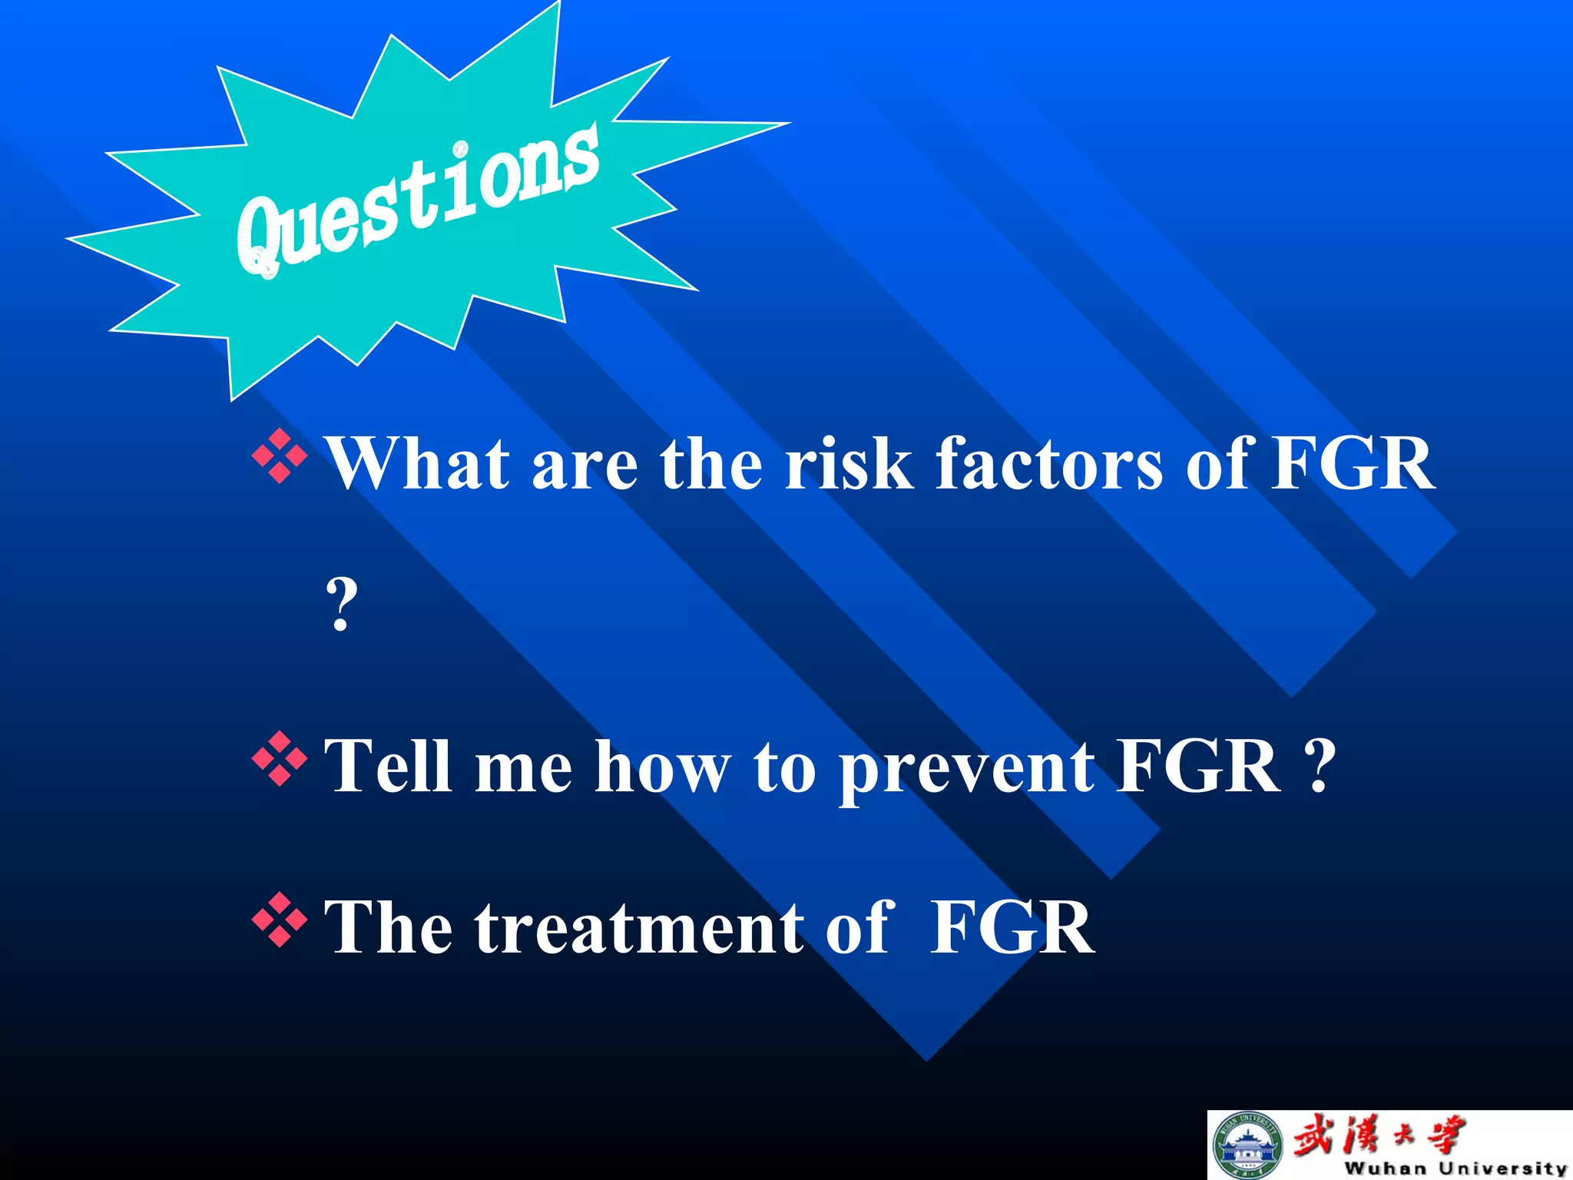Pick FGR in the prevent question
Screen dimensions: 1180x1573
click(1198, 766)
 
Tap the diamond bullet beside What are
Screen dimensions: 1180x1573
click(280, 457)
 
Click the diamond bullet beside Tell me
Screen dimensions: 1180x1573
click(280, 760)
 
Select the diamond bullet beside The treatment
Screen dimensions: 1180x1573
click(280, 920)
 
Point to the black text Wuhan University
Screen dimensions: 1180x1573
click(1455, 1168)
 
